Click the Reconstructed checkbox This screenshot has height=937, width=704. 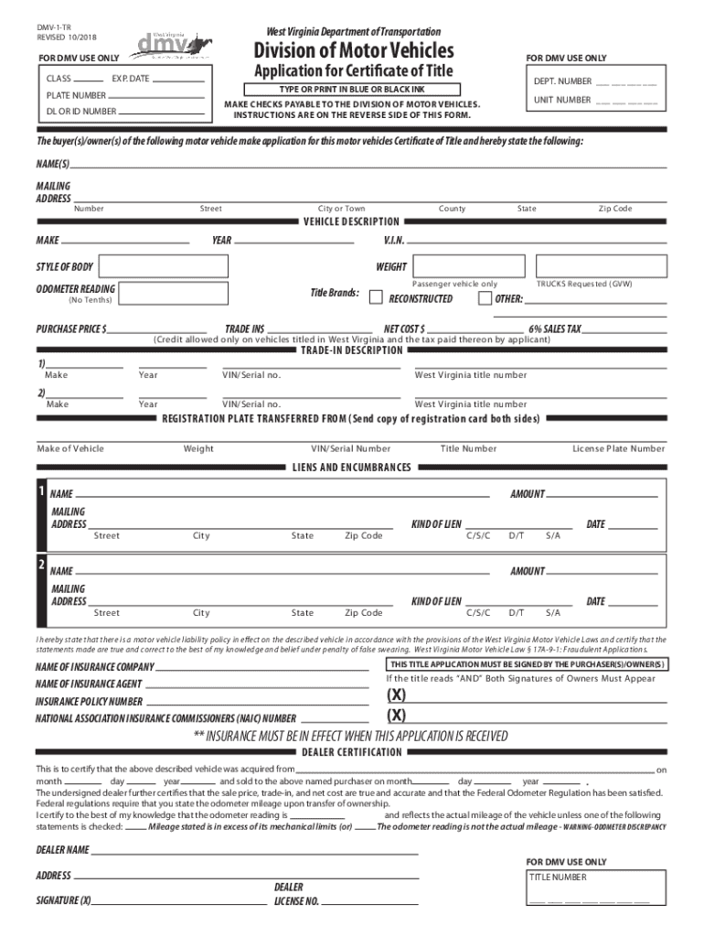(x=375, y=297)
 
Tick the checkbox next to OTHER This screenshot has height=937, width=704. (x=485, y=297)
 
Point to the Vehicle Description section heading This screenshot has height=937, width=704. (x=351, y=221)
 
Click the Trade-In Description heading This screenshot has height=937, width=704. (x=351, y=350)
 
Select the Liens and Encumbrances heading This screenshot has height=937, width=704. (x=351, y=468)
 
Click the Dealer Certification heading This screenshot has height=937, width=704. (x=351, y=752)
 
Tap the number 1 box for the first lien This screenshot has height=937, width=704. (x=41, y=491)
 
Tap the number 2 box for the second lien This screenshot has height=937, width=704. (x=41, y=565)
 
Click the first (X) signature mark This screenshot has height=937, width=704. (x=396, y=697)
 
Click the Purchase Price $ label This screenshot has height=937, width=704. (x=71, y=328)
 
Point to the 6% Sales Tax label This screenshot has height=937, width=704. (x=554, y=328)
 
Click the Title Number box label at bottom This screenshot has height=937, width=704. (x=558, y=878)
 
